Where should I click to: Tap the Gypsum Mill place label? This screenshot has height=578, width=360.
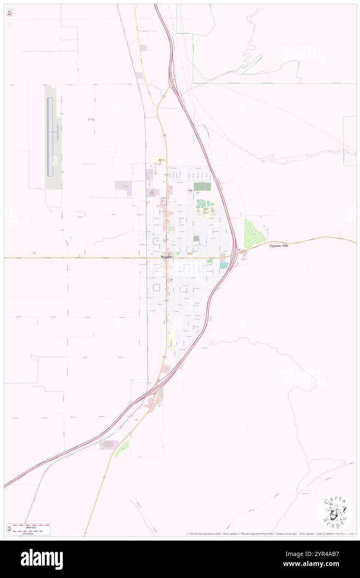coord(278,246)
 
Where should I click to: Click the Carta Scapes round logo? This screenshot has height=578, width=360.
coord(335,512)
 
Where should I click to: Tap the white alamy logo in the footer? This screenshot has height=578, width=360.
coord(42,559)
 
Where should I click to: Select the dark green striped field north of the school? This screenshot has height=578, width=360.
coord(202,186)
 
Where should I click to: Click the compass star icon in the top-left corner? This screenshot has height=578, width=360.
coord(9,13)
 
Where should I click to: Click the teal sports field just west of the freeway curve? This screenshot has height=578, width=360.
coord(224,265)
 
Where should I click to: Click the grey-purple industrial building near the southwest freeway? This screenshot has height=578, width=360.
coord(109,445)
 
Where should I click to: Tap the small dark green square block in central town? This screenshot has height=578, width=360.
coord(196,238)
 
